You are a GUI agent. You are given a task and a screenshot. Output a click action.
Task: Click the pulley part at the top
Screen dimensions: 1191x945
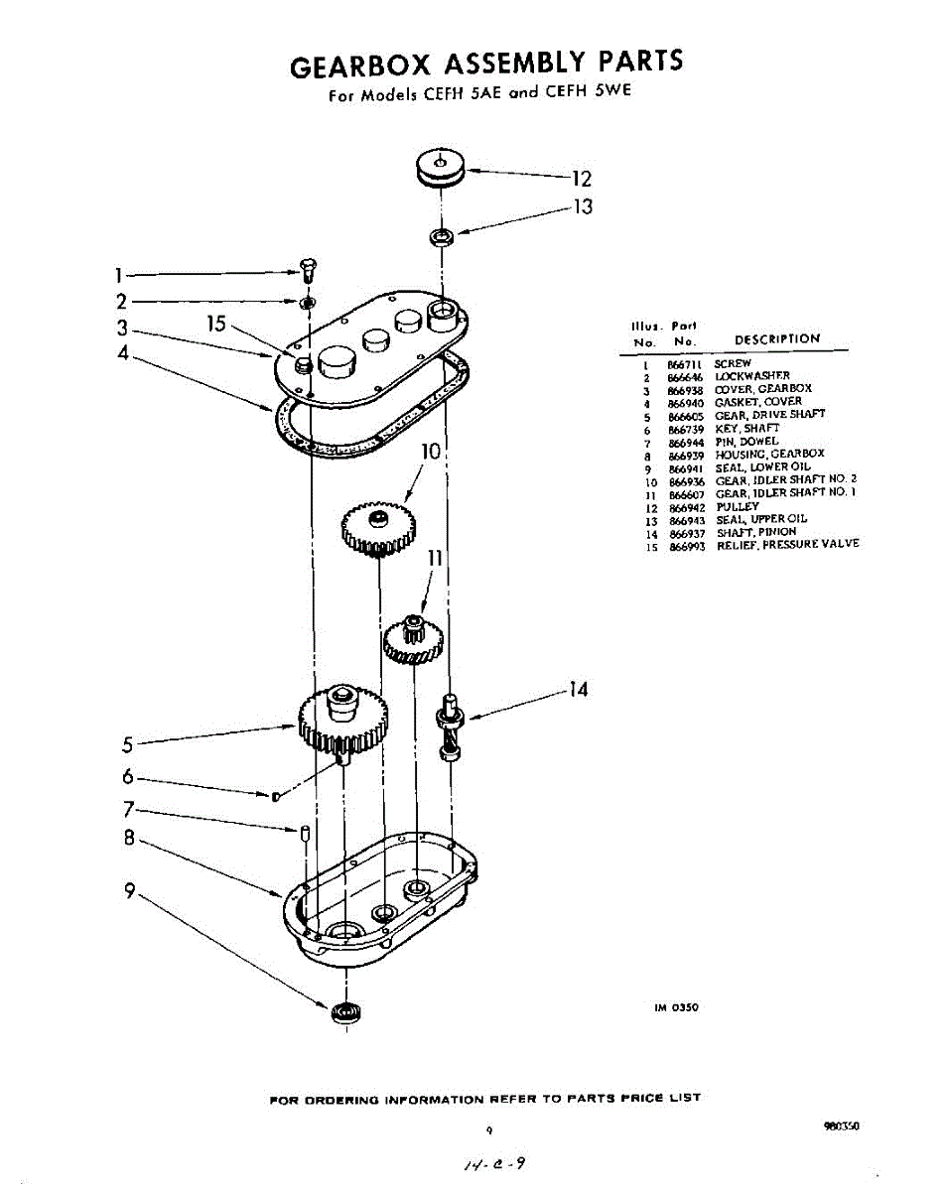(x=441, y=167)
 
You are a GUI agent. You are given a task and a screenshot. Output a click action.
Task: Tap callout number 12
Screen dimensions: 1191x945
(x=581, y=180)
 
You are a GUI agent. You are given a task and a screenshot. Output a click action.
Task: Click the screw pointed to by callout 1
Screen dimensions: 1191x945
(x=307, y=267)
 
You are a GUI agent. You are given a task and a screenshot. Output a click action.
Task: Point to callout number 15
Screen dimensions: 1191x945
(x=216, y=324)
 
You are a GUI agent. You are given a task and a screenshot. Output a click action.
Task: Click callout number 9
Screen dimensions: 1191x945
(x=129, y=891)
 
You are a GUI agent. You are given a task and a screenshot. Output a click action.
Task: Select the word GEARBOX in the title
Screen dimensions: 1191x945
(x=359, y=65)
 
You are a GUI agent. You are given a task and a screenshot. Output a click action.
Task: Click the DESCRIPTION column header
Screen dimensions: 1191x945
(x=777, y=338)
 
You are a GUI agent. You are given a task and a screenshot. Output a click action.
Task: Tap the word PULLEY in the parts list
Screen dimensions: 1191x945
(x=737, y=506)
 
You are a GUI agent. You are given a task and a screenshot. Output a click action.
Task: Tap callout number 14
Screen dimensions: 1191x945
(x=578, y=689)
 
